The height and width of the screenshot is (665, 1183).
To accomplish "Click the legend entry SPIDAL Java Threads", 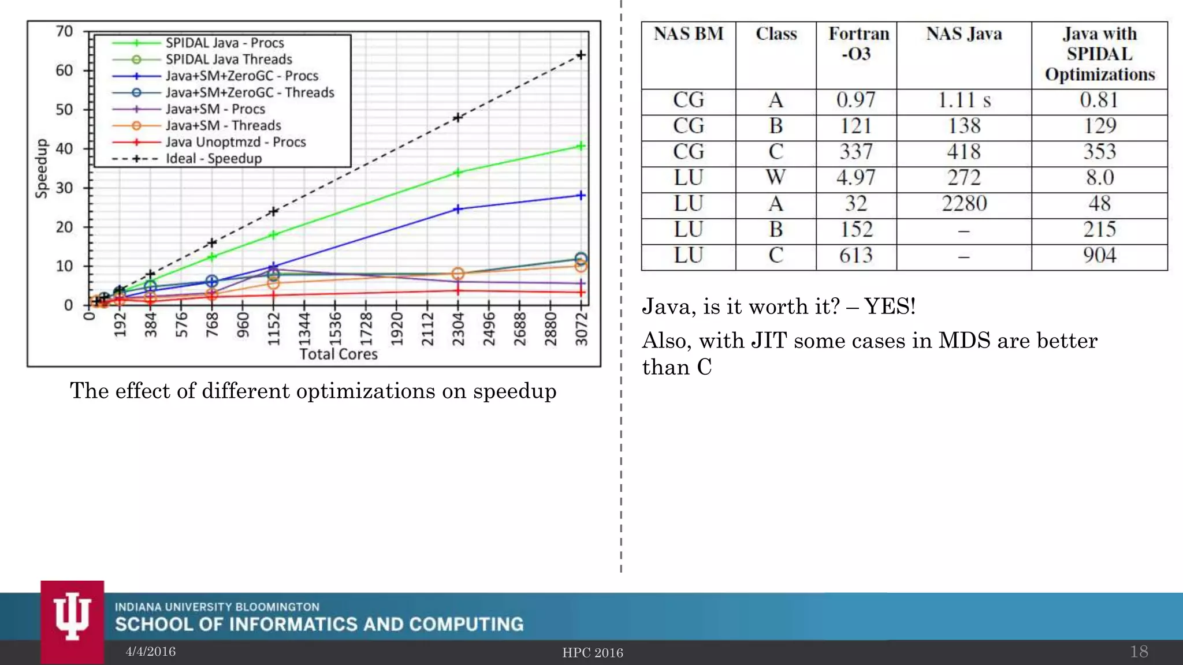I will [x=228, y=59].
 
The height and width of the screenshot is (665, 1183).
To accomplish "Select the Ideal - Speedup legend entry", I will [x=213, y=159].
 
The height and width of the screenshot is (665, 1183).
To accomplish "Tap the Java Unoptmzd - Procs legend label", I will [x=235, y=142].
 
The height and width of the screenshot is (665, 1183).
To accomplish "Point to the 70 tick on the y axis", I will [x=64, y=31].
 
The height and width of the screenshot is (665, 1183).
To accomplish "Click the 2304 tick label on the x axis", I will [x=458, y=329].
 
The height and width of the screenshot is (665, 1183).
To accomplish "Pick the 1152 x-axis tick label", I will [x=274, y=329].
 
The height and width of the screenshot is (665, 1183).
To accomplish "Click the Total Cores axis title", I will [x=338, y=354].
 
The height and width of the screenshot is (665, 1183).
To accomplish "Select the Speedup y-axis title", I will [x=42, y=169].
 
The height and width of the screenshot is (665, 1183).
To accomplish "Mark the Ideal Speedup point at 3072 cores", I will [x=581, y=55].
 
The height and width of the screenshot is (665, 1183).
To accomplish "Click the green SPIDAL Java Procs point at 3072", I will [x=581, y=146].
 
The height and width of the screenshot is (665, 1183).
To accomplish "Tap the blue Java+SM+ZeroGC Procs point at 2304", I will [x=458, y=209].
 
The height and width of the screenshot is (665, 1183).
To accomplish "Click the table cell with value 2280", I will [x=963, y=204].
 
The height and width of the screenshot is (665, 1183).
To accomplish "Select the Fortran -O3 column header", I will [x=858, y=44].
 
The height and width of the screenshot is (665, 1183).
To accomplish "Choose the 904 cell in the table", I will [x=1099, y=256].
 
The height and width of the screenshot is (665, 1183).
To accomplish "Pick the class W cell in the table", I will [x=775, y=178].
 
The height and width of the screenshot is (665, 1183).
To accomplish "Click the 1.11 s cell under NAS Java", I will [x=963, y=100].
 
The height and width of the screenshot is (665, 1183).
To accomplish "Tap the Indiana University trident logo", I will [x=72, y=618].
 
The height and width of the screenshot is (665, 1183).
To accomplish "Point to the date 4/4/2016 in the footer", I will [x=151, y=652].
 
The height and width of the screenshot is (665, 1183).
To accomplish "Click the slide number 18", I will [x=1139, y=652].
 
